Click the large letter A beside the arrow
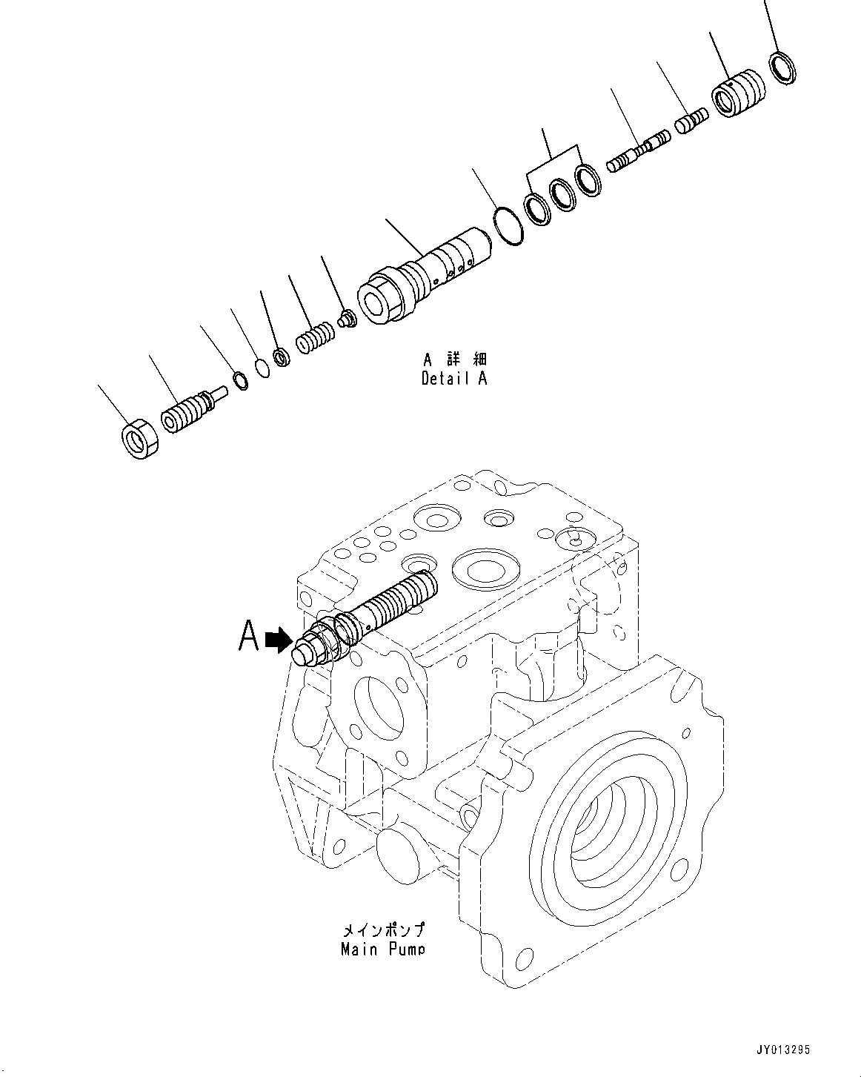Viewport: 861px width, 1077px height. coord(249,636)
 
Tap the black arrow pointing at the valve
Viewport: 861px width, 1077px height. coord(277,640)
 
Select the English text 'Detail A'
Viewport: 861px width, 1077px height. coord(454,379)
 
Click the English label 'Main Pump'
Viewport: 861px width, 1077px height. coord(382,949)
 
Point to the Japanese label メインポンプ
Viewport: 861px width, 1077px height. coord(383,930)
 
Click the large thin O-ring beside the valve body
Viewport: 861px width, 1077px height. coord(508,225)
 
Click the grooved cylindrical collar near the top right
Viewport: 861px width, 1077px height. coord(737,93)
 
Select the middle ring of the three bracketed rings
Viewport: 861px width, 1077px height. coord(563,195)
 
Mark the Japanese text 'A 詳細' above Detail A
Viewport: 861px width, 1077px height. coord(454,359)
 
